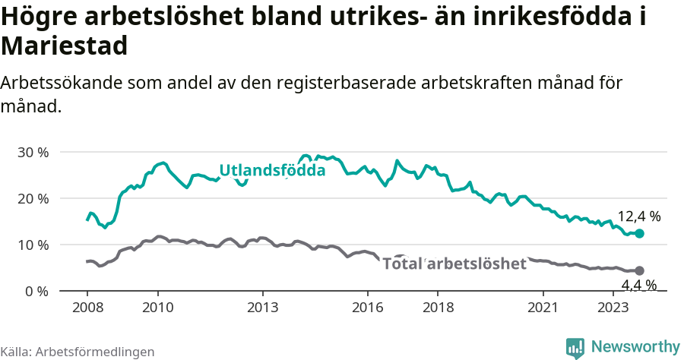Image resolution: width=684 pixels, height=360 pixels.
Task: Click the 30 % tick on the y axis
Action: click(x=33, y=152)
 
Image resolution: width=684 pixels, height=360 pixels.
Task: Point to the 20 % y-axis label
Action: click(x=33, y=198)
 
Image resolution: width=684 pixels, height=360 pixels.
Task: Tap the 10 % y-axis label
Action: click(x=33, y=245)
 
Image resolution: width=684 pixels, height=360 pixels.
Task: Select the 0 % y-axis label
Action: click(x=36, y=291)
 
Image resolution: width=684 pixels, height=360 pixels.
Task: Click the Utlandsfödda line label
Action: click(x=272, y=171)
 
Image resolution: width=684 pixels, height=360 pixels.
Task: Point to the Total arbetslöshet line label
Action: click(x=454, y=264)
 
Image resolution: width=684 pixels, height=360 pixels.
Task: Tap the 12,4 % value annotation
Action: click(x=639, y=217)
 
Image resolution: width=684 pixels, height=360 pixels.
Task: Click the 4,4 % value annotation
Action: click(x=639, y=286)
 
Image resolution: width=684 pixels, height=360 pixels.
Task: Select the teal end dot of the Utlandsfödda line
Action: click(x=639, y=234)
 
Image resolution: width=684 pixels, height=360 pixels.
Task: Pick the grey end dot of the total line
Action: click(x=639, y=270)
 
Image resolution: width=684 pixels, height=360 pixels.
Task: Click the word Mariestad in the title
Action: click(x=64, y=47)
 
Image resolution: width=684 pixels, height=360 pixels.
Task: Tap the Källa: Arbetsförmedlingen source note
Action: click(x=78, y=352)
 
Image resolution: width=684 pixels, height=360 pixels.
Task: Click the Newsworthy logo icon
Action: click(x=575, y=347)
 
